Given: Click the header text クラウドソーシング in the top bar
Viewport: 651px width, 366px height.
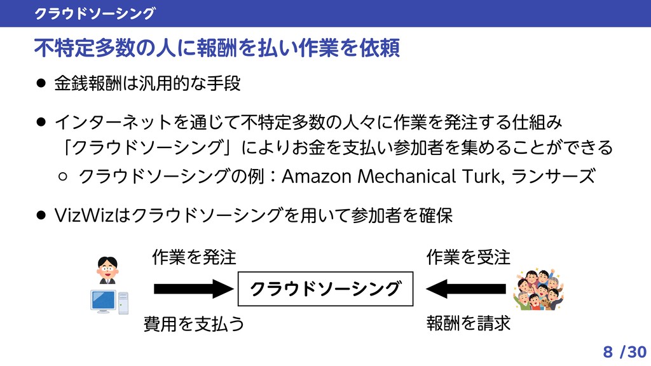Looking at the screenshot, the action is click(95, 13).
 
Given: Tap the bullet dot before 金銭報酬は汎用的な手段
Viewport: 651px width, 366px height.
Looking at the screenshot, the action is click(41, 84).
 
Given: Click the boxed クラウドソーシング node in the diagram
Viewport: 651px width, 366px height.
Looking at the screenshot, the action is click(325, 290).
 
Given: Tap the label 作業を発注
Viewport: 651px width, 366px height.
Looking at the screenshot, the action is click(194, 257).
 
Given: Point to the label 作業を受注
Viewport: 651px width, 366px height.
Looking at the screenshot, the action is click(469, 257).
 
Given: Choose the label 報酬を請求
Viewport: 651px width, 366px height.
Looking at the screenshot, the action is click(469, 324).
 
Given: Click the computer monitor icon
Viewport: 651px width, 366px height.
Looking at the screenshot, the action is click(104, 301).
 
